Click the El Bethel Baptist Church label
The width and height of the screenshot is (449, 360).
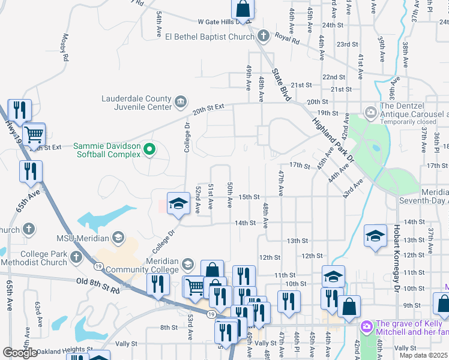pos(210,37)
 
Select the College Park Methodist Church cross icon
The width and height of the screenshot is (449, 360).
pos(76,258)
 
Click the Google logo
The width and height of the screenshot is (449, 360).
pos(20,353)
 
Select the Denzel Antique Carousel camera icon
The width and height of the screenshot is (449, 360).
pos(371,112)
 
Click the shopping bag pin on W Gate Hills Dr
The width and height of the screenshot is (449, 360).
pos(243,8)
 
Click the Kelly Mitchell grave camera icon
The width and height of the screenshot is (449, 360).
pos(366,327)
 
